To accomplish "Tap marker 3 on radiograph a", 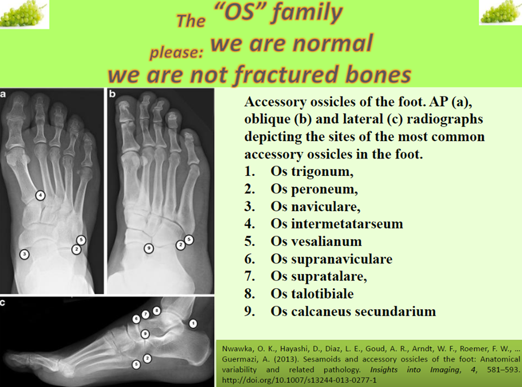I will click(x=24, y=254).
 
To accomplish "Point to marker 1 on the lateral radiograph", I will click(x=193, y=323).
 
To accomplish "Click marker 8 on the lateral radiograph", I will click(x=157, y=311).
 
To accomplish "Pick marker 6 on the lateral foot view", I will click(x=136, y=319).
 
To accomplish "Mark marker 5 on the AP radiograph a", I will click(x=81, y=239).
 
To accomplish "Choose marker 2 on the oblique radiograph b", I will click(x=180, y=246).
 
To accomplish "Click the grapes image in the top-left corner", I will click(x=24, y=14).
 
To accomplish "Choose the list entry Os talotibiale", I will click(x=312, y=294).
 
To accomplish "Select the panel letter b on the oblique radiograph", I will click(x=112, y=94).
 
